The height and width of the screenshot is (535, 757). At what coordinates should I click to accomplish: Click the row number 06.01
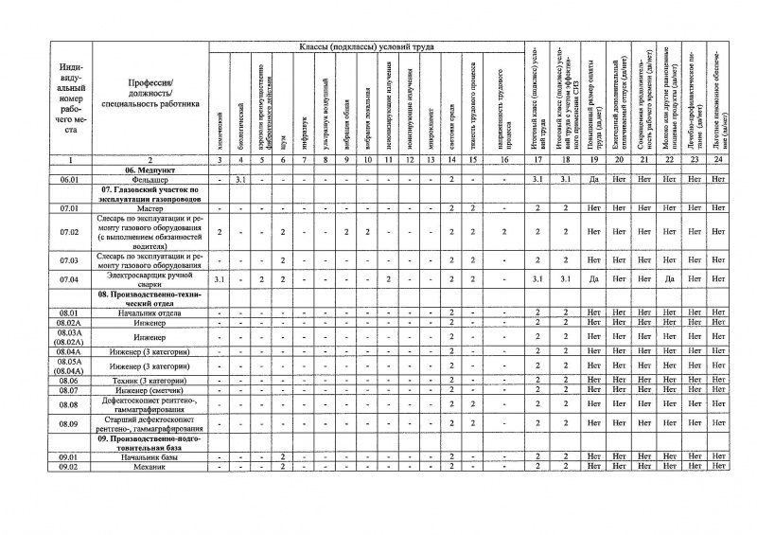[x=67, y=178]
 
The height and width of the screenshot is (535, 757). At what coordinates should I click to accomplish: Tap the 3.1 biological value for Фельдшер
[x=240, y=178]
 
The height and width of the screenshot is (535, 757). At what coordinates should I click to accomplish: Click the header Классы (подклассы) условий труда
[x=365, y=46]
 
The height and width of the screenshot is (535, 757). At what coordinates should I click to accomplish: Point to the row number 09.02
[x=67, y=467]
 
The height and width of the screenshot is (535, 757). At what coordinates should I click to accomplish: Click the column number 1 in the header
[x=67, y=159]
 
